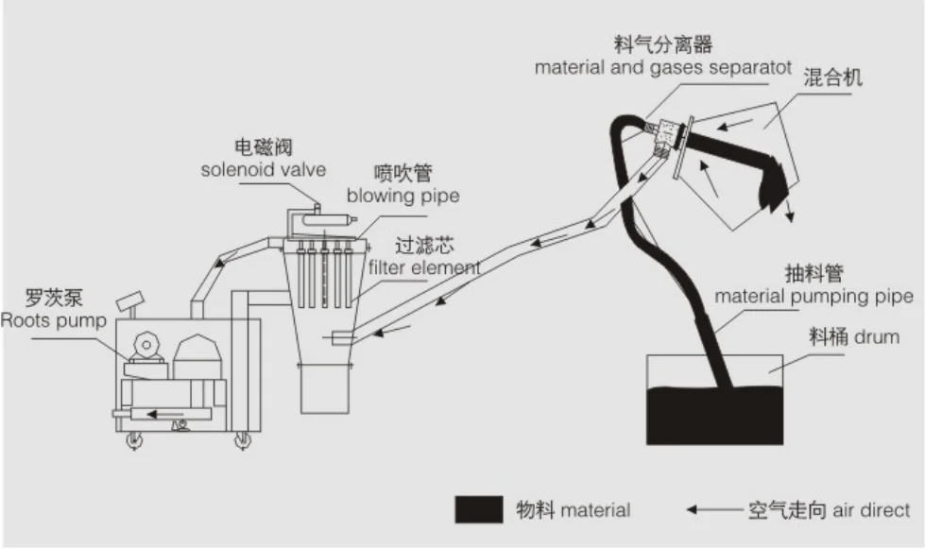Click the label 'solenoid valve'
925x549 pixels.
pos(263,169)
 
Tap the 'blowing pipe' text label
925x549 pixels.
pos(403,196)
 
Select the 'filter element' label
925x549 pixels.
pos(424,267)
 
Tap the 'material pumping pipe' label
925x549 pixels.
pos(814,297)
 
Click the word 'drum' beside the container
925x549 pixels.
pos(879,336)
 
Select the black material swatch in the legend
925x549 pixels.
pos(478,509)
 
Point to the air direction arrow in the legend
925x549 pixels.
pos(714,509)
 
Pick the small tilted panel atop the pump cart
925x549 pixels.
pos(128,302)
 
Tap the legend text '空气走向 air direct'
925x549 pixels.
pos(829,509)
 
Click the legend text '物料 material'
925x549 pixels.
pos(573,509)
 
